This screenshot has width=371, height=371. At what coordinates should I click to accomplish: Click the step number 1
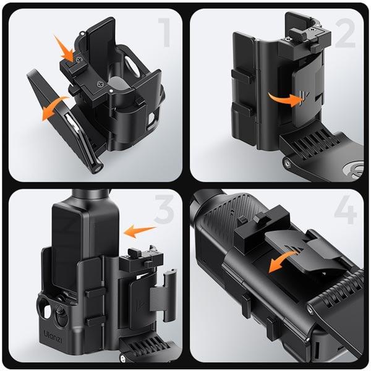165,32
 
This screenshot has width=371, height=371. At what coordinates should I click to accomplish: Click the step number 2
345,33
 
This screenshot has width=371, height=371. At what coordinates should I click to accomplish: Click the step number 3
164,209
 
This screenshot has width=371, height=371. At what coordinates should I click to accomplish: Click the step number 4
345,210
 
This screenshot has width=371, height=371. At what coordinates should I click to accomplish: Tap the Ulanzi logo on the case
53,337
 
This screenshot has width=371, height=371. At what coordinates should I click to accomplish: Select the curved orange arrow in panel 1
53,108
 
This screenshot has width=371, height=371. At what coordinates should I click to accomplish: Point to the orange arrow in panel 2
286,99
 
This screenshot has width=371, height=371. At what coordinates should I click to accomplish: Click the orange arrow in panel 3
140,231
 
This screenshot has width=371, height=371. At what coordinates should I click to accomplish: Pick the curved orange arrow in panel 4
281,260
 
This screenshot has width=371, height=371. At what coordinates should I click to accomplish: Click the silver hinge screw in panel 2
288,163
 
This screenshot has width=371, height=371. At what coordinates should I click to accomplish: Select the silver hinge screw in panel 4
310,309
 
